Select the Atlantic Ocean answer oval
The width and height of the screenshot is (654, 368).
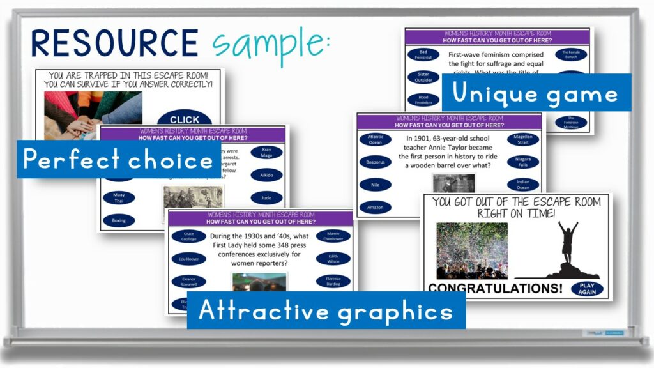tap(375, 139)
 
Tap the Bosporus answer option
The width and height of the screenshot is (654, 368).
tap(375, 162)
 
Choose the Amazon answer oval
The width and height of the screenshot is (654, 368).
tap(375, 207)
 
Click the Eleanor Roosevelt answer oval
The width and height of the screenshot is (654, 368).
tap(188, 281)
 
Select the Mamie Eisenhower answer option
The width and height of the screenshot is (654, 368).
tap(333, 236)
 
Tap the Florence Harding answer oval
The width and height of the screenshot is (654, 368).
tap(333, 281)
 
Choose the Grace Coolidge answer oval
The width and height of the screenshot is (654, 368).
tap(188, 236)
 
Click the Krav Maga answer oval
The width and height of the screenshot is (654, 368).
tap(266, 152)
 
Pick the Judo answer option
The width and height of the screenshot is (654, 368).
tap(266, 197)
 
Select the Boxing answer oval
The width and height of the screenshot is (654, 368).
tap(119, 220)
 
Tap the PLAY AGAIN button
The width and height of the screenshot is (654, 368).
tap(586, 289)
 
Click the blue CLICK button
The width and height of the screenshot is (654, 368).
tap(185, 119)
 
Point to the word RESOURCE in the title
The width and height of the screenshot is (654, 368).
tap(115, 43)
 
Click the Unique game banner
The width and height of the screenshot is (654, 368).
tap(536, 93)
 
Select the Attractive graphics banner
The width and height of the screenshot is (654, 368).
tap(326, 310)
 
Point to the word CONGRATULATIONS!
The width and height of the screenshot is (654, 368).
tap(495, 289)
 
